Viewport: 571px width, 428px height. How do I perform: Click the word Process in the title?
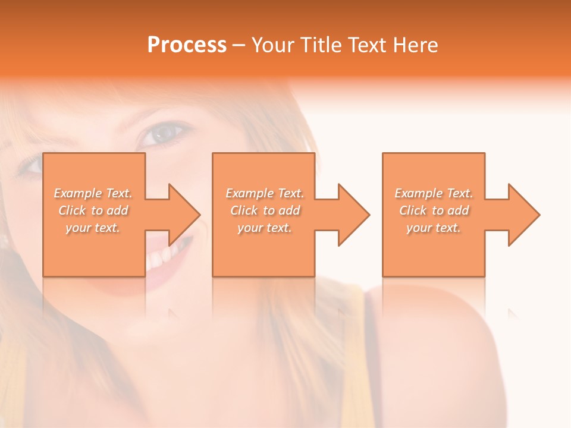click(x=187, y=45)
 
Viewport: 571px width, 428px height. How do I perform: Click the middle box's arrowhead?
click(x=353, y=215)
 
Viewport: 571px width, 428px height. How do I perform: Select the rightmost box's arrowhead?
click(x=523, y=215)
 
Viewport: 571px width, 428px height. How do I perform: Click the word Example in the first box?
click(x=77, y=193)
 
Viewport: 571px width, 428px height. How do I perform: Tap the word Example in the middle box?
click(x=249, y=193)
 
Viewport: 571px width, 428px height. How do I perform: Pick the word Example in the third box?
click(x=418, y=193)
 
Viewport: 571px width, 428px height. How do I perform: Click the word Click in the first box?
click(x=71, y=210)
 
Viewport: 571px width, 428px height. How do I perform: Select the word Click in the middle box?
click(x=243, y=210)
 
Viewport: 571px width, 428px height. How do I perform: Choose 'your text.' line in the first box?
click(x=93, y=228)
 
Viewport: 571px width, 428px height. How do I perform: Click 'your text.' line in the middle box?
click(x=264, y=228)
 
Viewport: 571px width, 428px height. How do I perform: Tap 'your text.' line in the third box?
click(x=434, y=228)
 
